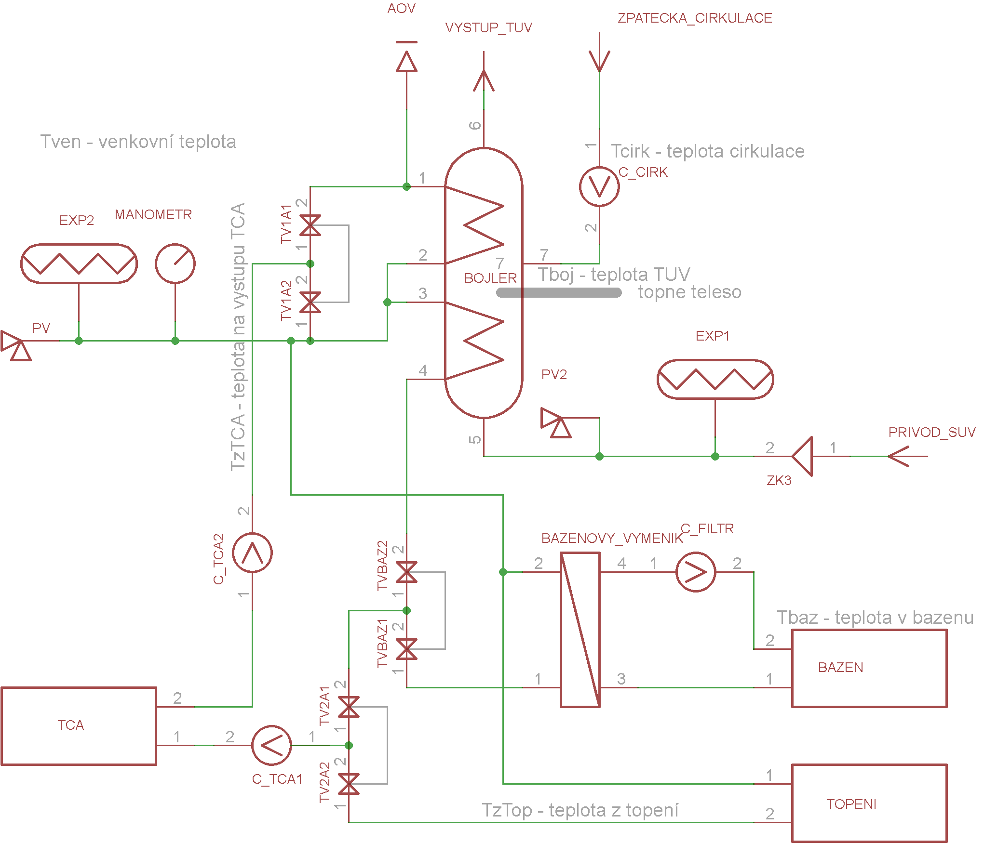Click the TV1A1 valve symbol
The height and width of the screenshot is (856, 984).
pyautogui.click(x=310, y=225)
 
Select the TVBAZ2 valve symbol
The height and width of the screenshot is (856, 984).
pyautogui.click(x=406, y=572)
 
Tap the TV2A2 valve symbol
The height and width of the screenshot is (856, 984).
pyautogui.click(x=349, y=784)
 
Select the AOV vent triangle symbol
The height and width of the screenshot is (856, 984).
pyautogui.click(x=406, y=61)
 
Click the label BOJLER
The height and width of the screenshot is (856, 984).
pyautogui.click(x=490, y=278)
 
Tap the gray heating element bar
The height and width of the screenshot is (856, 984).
pyautogui.click(x=559, y=292)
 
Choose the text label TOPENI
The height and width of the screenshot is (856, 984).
pyautogui.click(x=851, y=804)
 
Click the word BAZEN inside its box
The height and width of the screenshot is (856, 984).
pyautogui.click(x=840, y=667)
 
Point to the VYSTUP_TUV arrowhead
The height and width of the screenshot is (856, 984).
pyautogui.click(x=484, y=80)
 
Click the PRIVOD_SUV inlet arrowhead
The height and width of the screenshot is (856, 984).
pyautogui.click(x=898, y=456)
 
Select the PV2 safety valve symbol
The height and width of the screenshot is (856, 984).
pyautogui.click(x=556, y=422)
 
